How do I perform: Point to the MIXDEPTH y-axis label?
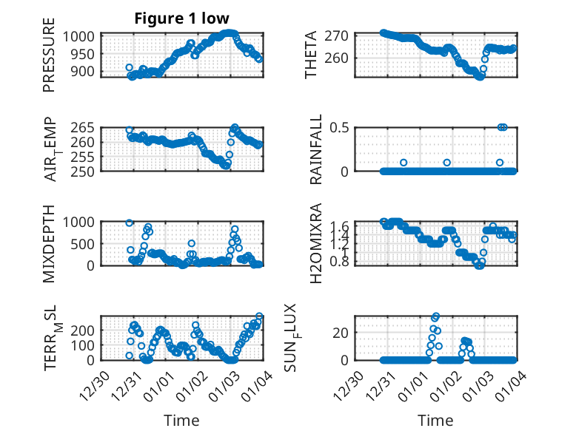[49, 242]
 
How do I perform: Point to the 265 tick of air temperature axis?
[83, 127]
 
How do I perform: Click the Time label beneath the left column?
[181, 421]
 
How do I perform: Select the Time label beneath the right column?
[435, 421]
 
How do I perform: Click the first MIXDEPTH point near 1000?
[130, 223]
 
